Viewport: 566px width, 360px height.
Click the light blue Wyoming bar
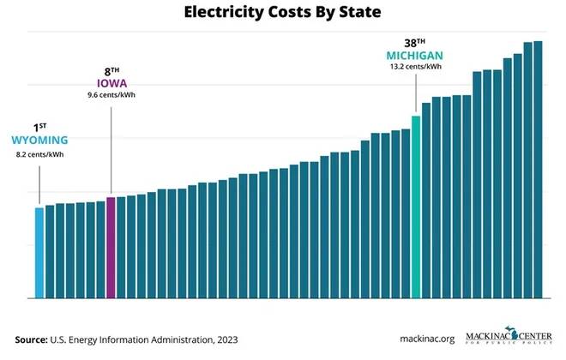(x=39, y=253)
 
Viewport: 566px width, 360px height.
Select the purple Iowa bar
(x=111, y=248)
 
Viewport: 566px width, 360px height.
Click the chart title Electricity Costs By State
(x=283, y=14)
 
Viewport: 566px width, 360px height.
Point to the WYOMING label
(x=39, y=140)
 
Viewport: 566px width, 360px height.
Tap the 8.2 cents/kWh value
(x=39, y=154)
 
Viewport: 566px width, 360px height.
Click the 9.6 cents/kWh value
(x=111, y=94)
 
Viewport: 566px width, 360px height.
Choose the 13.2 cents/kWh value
(x=415, y=67)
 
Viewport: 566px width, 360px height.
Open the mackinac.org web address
(x=426, y=339)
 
